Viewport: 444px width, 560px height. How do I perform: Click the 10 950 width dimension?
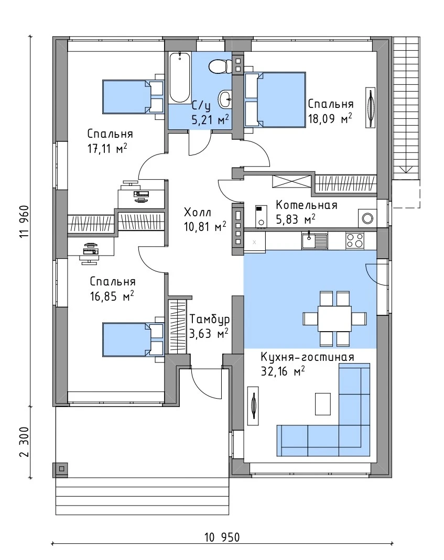coord(222,537)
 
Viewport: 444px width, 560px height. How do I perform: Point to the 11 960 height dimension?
coord(24,222)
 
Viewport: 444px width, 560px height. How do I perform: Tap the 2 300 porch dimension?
coord(24,442)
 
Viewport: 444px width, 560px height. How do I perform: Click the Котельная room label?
coord(306,205)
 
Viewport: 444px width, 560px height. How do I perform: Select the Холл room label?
coord(198,213)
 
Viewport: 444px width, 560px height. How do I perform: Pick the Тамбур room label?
coord(210,319)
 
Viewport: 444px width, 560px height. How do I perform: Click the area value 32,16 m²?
coord(283,371)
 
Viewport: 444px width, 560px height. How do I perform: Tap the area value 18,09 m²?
coord(330,118)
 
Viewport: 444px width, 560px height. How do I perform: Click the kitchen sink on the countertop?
coord(315,241)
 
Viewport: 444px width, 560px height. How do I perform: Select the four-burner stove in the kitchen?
coord(355,240)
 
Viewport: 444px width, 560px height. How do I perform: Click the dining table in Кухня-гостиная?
coord(334,319)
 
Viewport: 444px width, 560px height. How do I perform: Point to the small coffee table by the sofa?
coord(323,404)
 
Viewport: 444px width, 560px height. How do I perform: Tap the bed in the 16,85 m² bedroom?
coord(133,339)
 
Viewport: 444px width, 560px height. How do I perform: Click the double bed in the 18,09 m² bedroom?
coord(275,100)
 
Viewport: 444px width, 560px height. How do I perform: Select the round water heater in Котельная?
coord(367,218)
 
